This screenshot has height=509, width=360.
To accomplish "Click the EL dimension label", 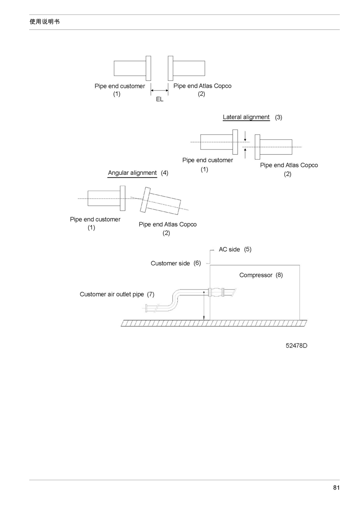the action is tap(160, 99).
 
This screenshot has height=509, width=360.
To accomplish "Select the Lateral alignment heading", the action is tap(246, 117).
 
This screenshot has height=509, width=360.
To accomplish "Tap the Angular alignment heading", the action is tap(132, 173).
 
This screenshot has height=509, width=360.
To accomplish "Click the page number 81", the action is tap(336, 487).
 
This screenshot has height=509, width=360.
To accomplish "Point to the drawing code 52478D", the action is tap(296, 345).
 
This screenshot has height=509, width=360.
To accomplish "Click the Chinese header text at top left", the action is tap(45, 22).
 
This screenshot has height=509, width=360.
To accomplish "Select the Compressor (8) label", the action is tap(261, 275).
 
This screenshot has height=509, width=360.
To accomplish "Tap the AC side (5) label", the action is tap(235, 249).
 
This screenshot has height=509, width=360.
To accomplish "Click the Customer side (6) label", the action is tap(176, 263).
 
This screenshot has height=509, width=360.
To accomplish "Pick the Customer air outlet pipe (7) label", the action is tap(117, 295).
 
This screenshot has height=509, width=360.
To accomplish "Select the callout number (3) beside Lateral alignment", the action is tap(279, 117).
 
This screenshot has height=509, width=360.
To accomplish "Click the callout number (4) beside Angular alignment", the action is tap(164, 173).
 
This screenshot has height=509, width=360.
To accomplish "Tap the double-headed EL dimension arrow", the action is tap(160, 91).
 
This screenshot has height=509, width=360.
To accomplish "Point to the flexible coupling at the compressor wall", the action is tap(216, 292).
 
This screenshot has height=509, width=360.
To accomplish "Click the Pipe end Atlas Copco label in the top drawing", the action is tap(202, 86).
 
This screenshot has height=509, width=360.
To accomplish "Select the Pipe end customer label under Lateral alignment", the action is tap(207, 160).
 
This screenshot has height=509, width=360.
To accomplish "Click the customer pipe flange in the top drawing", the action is tap(148, 68).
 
